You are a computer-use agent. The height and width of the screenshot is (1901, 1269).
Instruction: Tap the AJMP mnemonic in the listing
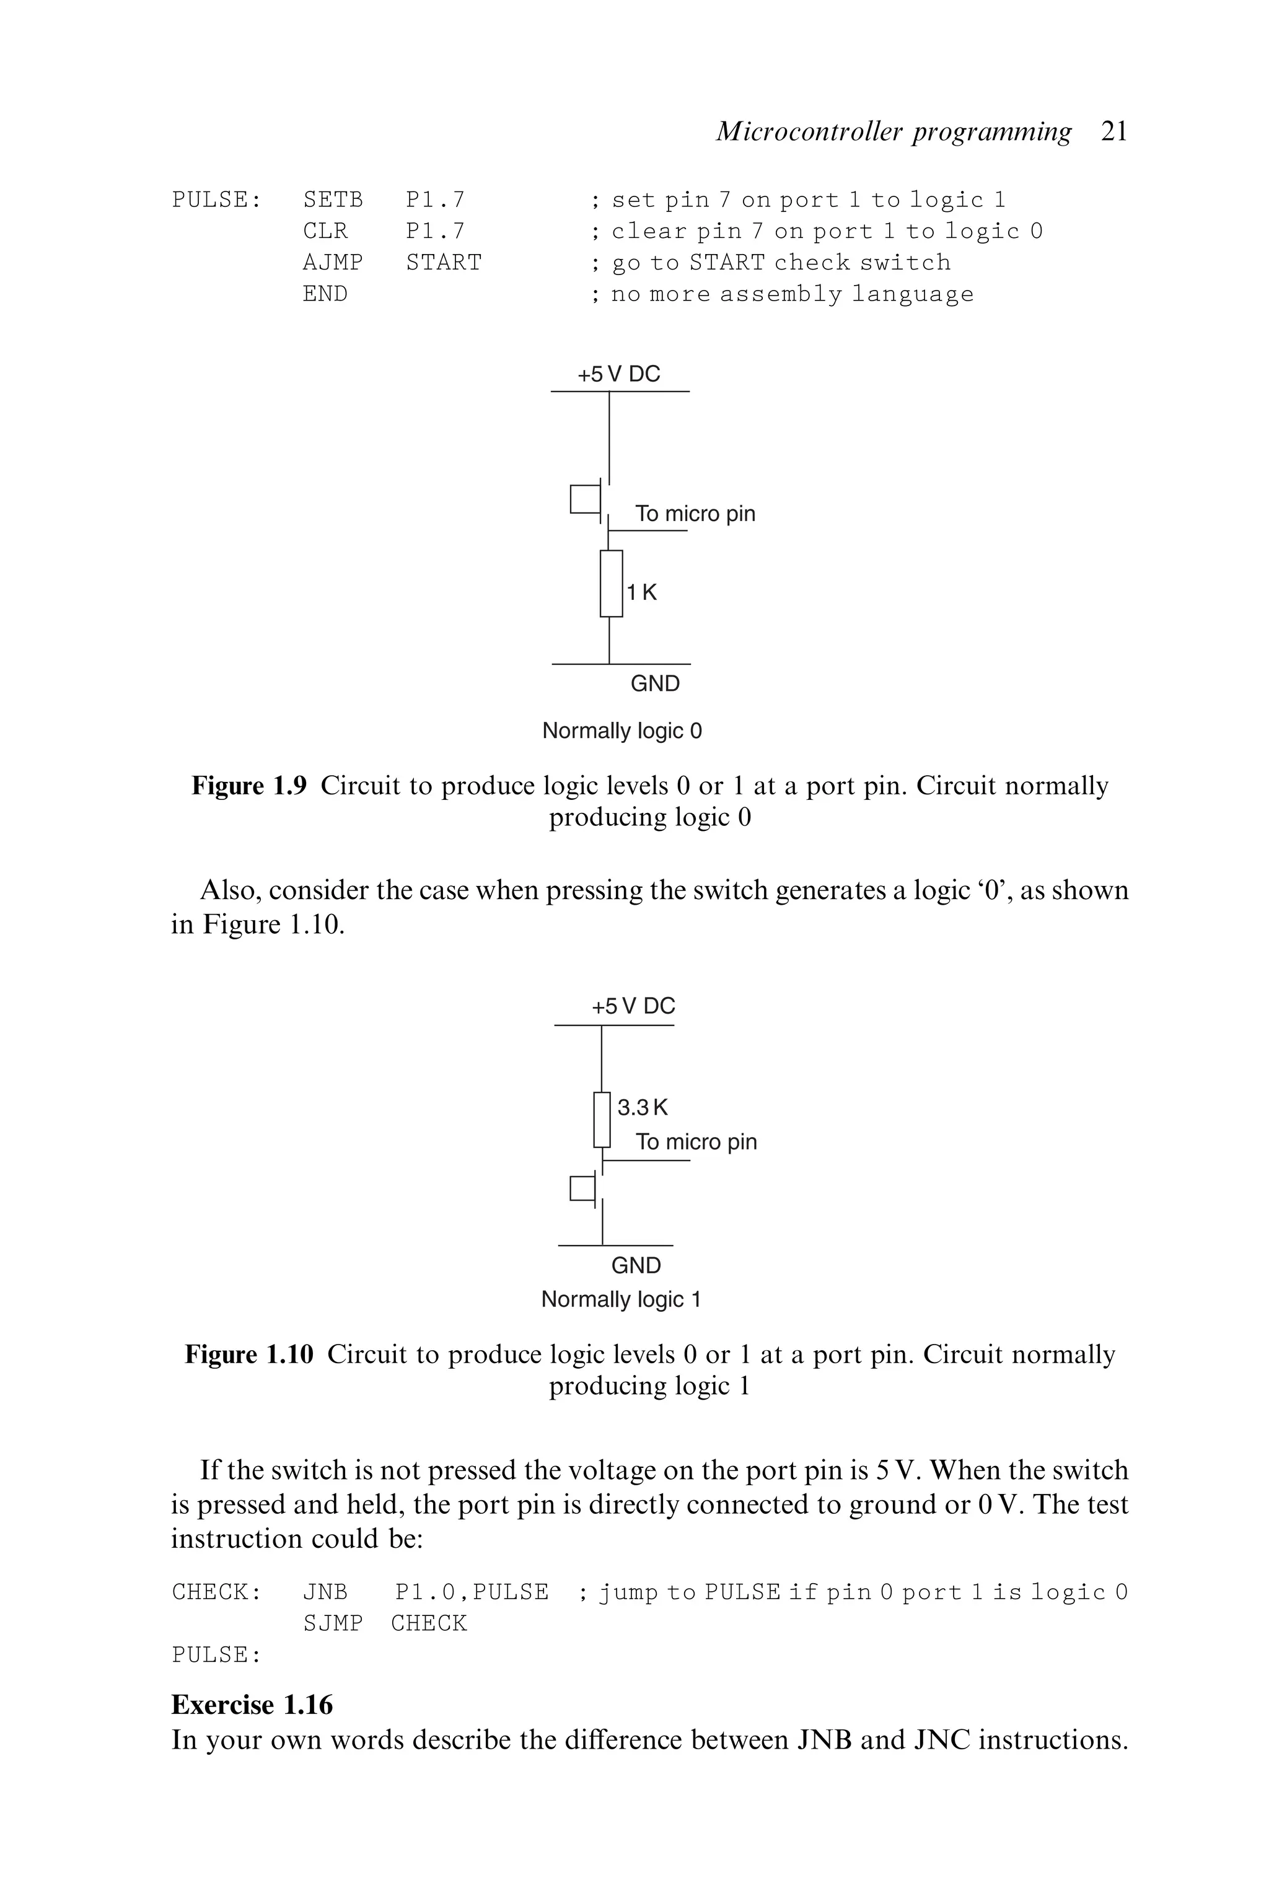333,262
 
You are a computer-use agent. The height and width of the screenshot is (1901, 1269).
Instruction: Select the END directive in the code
325,294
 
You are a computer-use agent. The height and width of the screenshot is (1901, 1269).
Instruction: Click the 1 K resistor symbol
611,584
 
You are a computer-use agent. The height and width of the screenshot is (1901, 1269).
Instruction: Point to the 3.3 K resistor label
643,1107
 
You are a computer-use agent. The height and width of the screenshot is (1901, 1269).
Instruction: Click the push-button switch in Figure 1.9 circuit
586,499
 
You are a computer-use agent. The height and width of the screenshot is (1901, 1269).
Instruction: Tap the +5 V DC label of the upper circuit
618,374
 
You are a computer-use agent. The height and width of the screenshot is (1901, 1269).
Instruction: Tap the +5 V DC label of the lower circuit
633,1006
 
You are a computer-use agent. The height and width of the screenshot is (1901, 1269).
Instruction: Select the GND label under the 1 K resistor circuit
655,684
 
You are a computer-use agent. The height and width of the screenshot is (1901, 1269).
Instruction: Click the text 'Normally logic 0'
621,731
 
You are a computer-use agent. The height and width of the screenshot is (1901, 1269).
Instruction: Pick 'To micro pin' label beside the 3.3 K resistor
696,1142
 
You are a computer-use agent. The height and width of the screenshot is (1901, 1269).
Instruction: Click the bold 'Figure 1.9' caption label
249,786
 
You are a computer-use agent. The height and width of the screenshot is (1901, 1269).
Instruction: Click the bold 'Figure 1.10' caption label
249,1354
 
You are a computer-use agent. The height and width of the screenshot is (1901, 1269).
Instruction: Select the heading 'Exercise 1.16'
252,1705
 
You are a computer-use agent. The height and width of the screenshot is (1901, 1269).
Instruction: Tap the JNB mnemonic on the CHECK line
325,1592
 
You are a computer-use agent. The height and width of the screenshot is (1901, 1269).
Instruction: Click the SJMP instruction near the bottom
333,1623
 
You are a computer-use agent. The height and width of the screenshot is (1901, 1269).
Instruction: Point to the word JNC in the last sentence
941,1740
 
